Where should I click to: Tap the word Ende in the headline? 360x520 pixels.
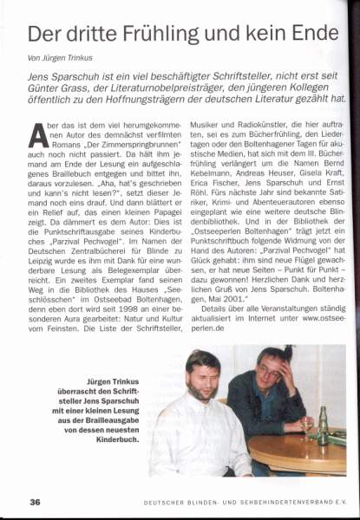[x=307, y=36]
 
